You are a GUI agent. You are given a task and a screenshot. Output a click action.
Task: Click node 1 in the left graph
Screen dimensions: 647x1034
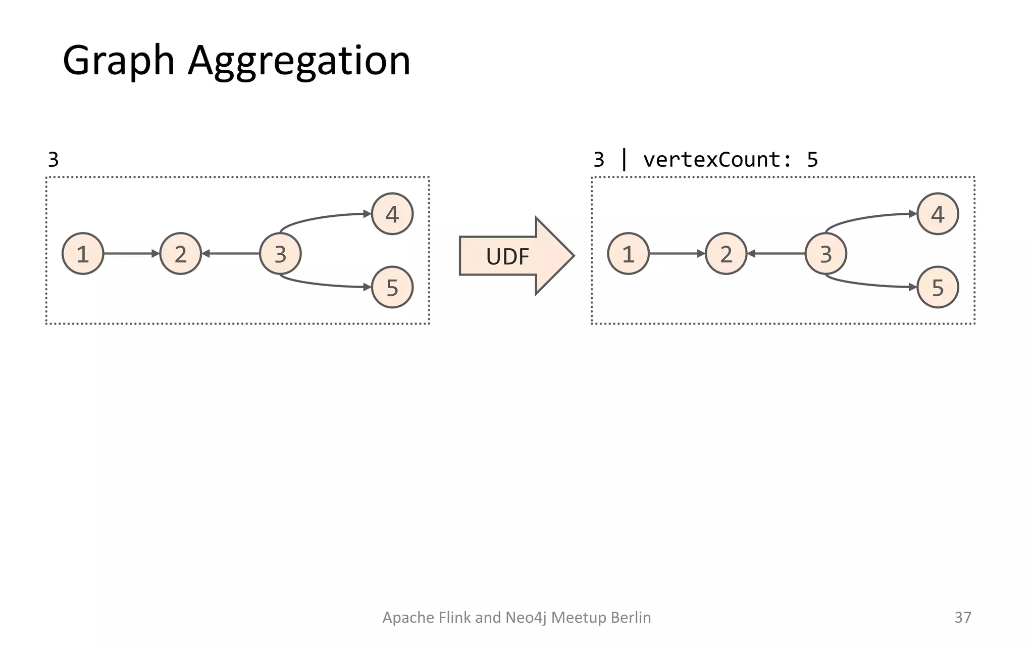[x=83, y=254]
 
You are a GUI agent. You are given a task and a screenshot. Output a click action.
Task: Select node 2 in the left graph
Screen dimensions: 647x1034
[x=180, y=254]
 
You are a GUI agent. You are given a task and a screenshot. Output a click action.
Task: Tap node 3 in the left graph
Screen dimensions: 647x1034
[x=280, y=254]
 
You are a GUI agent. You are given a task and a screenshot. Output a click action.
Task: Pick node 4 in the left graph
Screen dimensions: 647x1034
[x=392, y=214]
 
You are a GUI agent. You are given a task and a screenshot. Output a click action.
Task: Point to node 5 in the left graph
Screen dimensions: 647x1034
[x=392, y=287]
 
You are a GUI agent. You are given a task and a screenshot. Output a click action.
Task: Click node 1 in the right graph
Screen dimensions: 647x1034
[x=628, y=254]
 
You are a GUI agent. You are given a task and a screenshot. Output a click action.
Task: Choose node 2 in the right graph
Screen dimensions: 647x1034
[x=726, y=254]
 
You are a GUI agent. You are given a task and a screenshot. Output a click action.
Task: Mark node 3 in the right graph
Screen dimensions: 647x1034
[x=825, y=254]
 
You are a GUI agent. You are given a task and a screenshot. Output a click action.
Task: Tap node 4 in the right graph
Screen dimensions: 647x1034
[x=938, y=214]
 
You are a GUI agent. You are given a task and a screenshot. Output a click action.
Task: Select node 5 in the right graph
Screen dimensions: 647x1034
[x=938, y=287]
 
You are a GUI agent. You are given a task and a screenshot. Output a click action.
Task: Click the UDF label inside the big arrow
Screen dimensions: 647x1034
[x=507, y=257]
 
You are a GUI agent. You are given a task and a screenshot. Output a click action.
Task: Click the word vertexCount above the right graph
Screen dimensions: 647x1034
[x=711, y=160]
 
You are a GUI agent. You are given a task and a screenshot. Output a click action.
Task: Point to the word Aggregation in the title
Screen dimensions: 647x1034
[x=299, y=61]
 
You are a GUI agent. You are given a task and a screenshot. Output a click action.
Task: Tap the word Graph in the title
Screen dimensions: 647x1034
[x=119, y=61]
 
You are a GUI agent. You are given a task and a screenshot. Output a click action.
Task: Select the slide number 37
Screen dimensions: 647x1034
[x=962, y=617]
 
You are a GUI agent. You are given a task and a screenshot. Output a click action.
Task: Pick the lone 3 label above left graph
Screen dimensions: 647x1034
[x=53, y=160]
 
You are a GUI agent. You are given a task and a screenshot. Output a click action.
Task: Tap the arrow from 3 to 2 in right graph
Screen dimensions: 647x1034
[x=776, y=253]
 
